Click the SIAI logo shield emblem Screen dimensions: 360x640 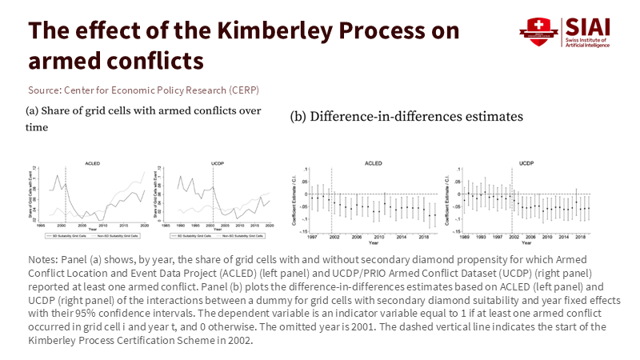[542, 31]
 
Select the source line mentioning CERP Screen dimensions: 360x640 [143, 89]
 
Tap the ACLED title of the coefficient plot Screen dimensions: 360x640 [374, 163]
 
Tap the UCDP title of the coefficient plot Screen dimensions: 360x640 [526, 163]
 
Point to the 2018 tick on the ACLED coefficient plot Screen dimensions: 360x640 [432, 238]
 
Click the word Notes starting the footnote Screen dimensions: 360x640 [42, 262]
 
